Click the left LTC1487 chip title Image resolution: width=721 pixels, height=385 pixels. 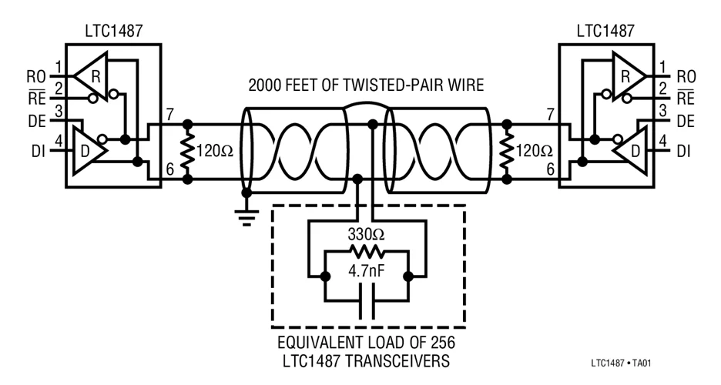pyautogui.click(x=113, y=32)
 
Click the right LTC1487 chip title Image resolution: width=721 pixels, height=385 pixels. pyautogui.click(x=606, y=32)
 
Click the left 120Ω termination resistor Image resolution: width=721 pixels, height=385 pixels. pyautogui.click(x=187, y=151)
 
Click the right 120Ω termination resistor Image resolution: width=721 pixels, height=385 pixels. pyautogui.click(x=507, y=151)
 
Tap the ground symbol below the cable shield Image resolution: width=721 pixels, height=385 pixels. pyautogui.click(x=246, y=218)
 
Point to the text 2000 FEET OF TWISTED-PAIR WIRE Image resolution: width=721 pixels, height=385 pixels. pyautogui.click(x=366, y=85)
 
